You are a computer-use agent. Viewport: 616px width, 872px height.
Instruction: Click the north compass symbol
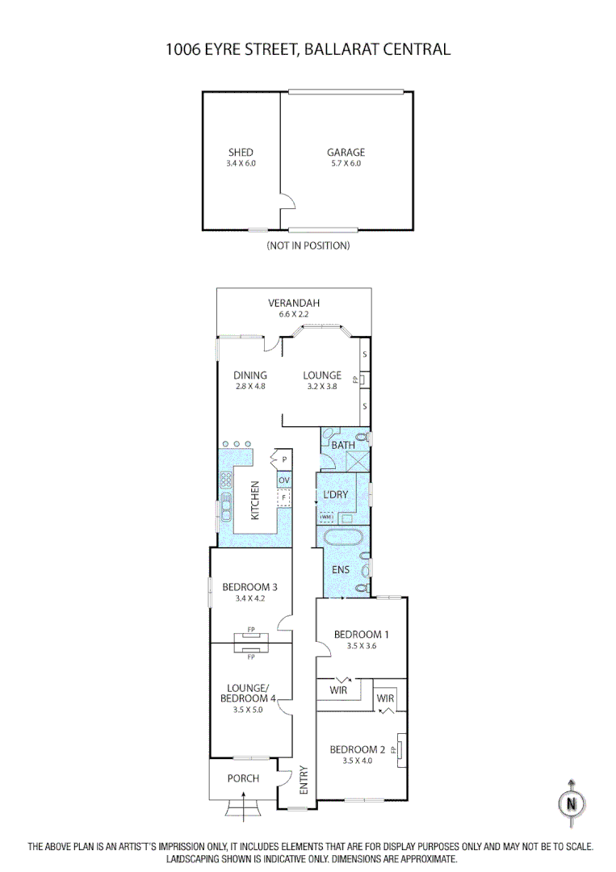click(572, 803)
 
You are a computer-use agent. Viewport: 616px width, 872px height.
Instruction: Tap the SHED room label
click(241, 152)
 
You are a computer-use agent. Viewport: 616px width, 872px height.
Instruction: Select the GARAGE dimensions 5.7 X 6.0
click(346, 163)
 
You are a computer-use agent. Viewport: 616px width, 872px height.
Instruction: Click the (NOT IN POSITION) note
click(308, 245)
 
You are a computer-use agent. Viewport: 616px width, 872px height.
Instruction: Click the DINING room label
click(250, 375)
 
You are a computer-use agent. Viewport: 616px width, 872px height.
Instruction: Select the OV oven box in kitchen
click(283, 480)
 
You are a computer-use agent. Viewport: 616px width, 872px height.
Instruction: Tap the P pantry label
click(284, 460)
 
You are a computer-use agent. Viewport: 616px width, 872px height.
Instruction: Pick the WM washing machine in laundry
click(326, 517)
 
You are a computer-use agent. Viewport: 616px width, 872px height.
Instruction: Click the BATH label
click(343, 445)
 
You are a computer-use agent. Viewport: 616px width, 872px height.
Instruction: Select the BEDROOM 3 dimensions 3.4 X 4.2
click(250, 598)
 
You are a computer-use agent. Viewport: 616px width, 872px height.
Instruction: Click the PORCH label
click(243, 778)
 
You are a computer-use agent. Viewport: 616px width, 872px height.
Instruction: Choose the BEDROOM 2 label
click(358, 749)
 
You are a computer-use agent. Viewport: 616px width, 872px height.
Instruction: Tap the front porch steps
click(243, 807)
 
